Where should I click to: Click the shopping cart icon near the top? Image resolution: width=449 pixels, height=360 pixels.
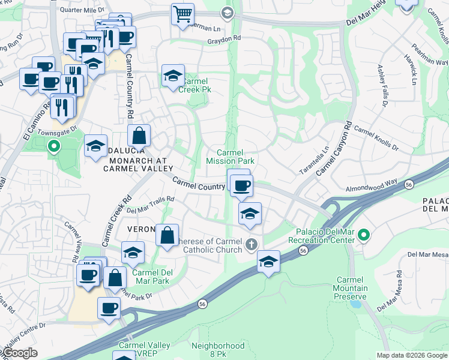tap(182, 14)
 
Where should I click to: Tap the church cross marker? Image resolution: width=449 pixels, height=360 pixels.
tap(252, 244)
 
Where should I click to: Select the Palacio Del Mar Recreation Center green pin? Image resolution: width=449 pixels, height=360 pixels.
tap(363, 235)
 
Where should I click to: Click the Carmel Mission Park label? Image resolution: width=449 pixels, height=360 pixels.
tap(231, 157)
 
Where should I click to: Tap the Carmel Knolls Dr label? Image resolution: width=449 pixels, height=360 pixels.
tap(376, 137)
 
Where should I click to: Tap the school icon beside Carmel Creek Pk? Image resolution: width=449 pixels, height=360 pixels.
tap(172, 76)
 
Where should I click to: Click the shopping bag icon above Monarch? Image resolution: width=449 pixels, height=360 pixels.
tap(139, 136)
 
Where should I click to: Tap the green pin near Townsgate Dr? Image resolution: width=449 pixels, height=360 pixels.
tap(53, 145)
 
